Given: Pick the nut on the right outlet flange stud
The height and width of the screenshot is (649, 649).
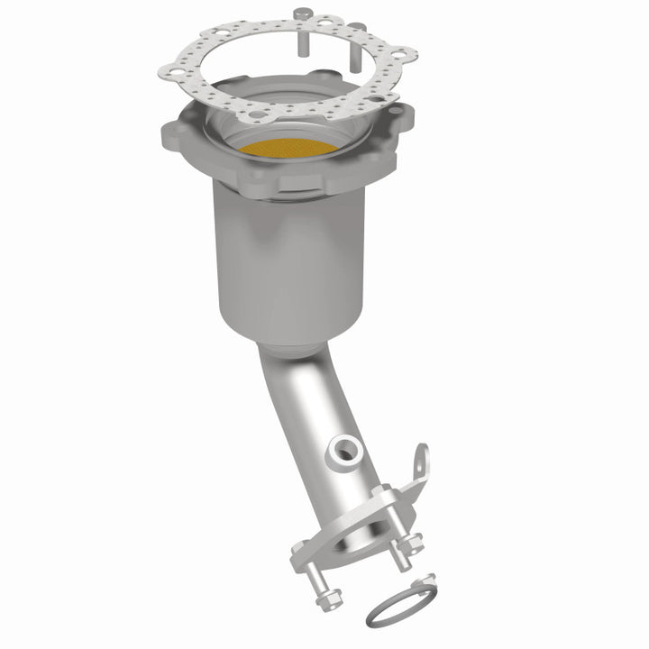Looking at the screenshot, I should [x=413, y=541].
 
